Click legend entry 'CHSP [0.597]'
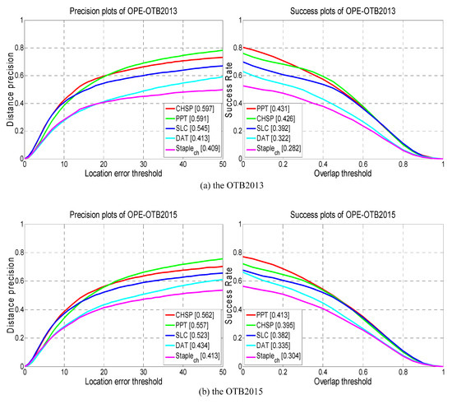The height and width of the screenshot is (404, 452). tap(193, 109)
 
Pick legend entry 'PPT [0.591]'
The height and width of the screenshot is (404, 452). tap(191, 119)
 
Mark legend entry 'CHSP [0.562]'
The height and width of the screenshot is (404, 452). tap(193, 313)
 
